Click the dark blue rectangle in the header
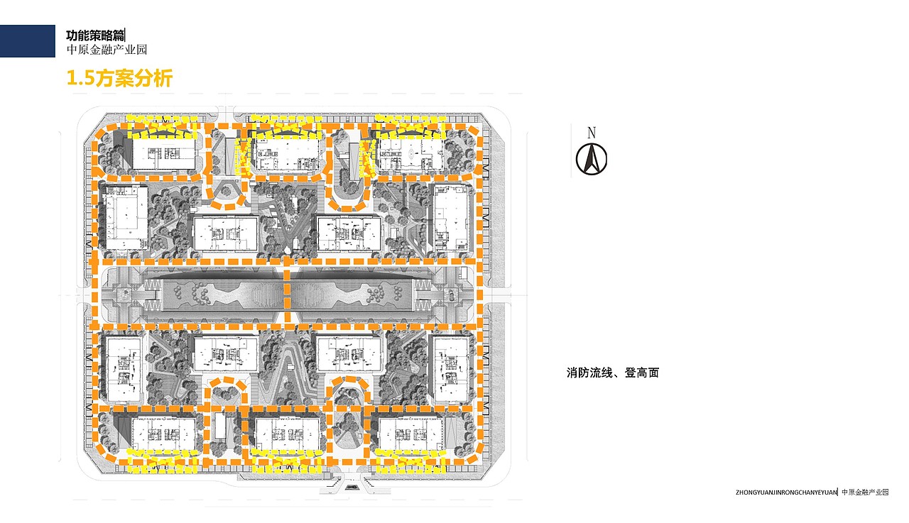point(28,41)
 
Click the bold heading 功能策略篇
point(95,35)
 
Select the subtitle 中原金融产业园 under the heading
point(107,50)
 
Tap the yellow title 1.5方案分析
point(120,78)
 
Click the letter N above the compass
point(592,133)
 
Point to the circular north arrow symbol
point(592,159)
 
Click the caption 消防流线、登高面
point(613,373)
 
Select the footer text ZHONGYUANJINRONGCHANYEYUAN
point(786,492)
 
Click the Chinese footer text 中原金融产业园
point(865,492)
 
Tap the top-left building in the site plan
point(163,154)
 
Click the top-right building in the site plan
point(410,155)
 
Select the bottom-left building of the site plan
point(163,434)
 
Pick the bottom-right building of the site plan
point(410,434)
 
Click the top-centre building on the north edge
point(288,155)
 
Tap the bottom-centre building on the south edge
point(288,434)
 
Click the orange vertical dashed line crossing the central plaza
point(288,292)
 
